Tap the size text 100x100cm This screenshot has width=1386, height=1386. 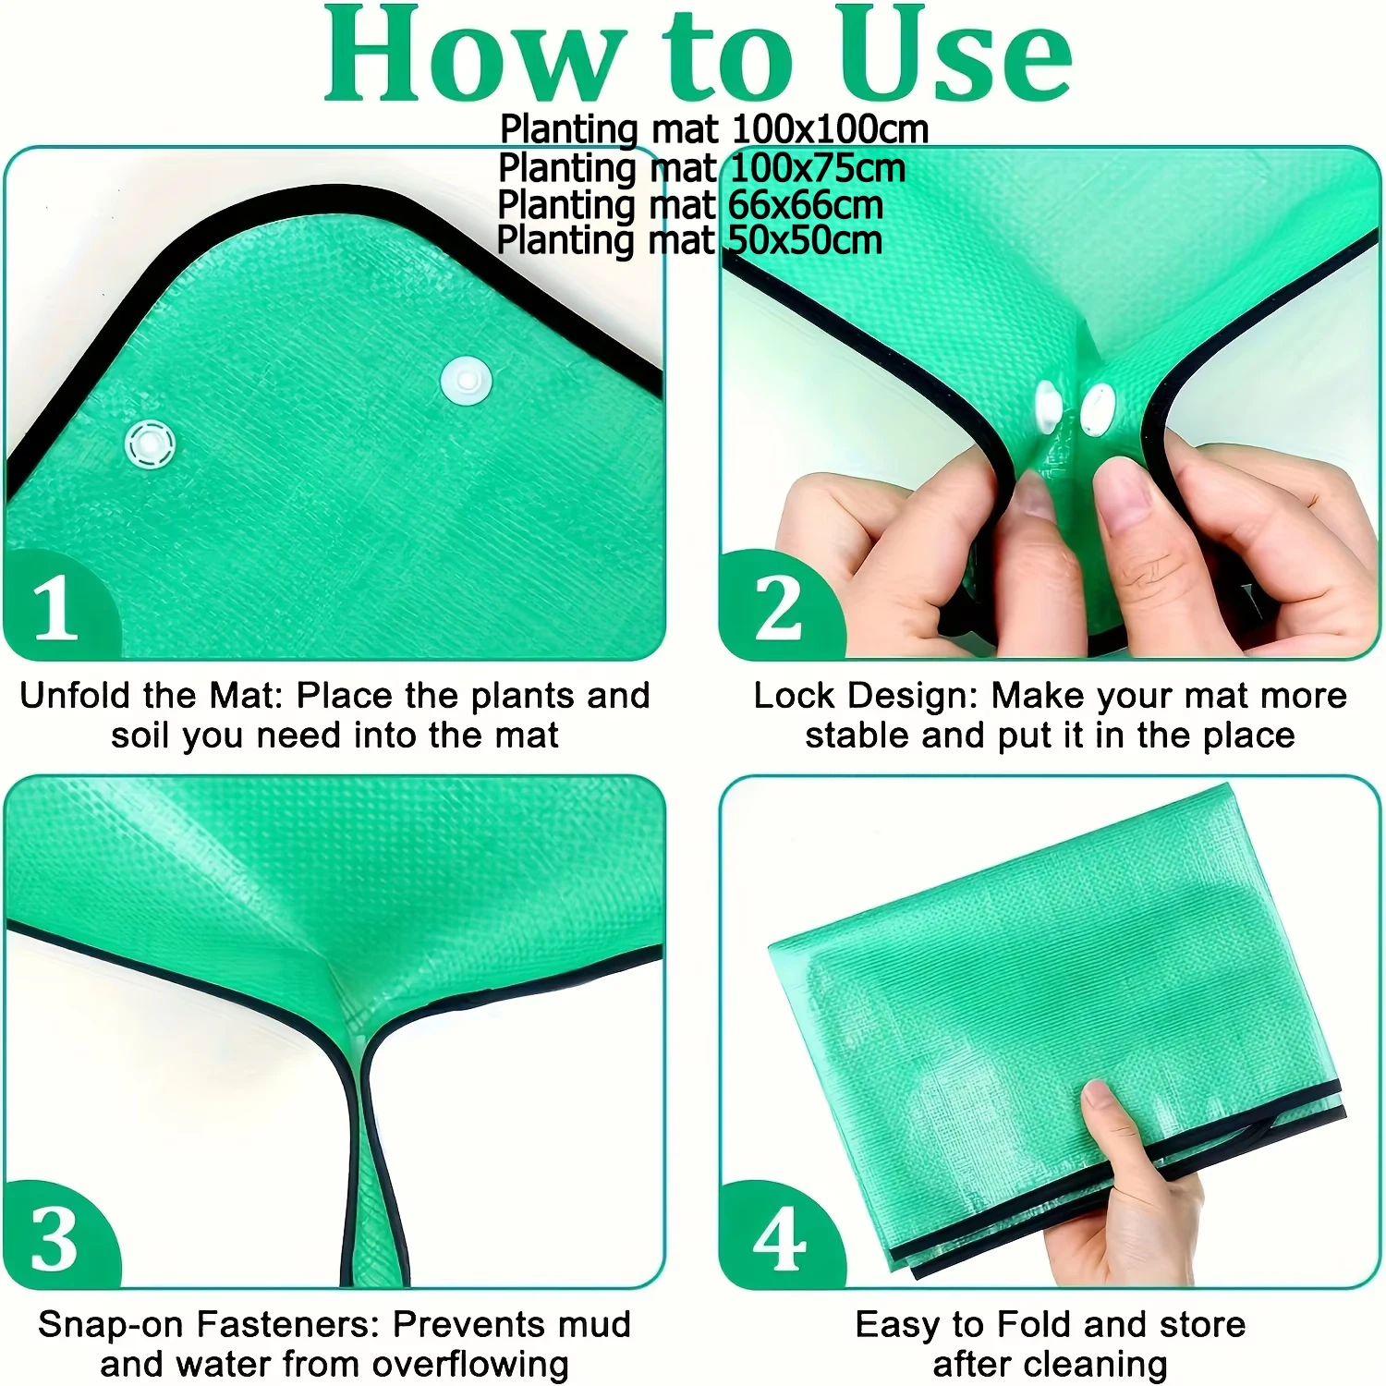click(x=830, y=129)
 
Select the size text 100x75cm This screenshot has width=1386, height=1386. click(x=818, y=168)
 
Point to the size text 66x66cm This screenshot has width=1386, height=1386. click(x=806, y=205)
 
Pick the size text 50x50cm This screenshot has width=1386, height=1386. click(x=805, y=240)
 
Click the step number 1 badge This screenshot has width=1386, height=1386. click(x=57, y=606)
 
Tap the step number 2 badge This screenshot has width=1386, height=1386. click(x=778, y=606)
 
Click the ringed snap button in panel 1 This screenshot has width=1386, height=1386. click(x=150, y=444)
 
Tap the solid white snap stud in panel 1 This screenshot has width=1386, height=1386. click(x=467, y=381)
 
